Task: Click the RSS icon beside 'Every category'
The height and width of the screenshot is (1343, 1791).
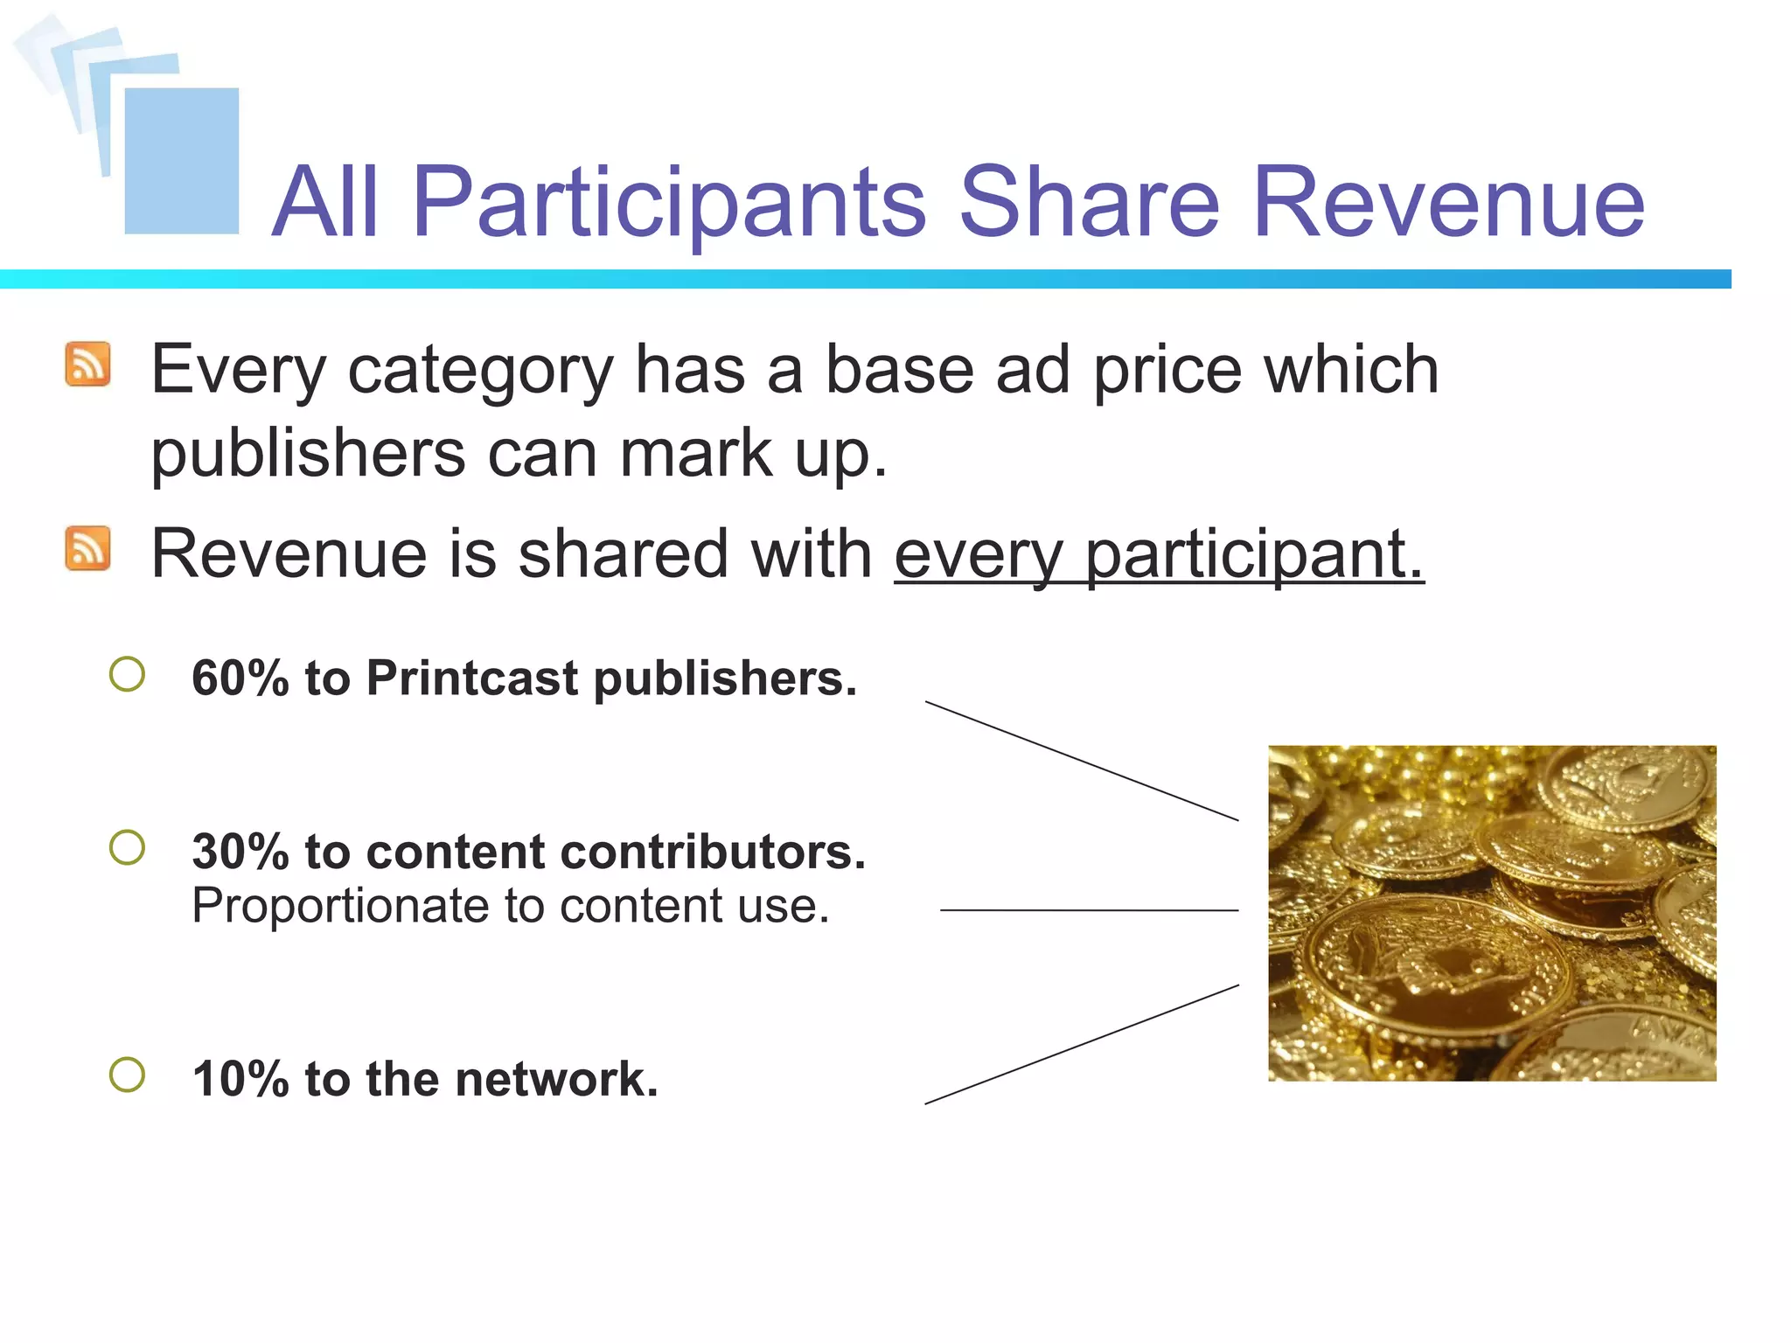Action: click(87, 364)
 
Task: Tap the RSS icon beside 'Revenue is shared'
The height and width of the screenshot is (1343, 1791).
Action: click(87, 548)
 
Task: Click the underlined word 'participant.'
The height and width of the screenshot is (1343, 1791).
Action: click(1254, 554)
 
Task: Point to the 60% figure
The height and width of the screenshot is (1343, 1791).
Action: click(240, 678)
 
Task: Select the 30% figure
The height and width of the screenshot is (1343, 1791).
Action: click(240, 852)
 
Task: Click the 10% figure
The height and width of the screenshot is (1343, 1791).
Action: click(240, 1078)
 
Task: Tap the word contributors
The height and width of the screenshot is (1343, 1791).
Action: click(703, 852)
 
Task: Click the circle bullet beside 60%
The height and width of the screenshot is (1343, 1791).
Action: click(128, 674)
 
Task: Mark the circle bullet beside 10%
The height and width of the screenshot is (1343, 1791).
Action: click(128, 1075)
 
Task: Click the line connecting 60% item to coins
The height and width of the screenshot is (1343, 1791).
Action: click(1082, 761)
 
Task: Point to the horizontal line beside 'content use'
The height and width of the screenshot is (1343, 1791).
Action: click(1089, 910)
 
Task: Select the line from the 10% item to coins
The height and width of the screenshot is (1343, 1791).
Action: click(1082, 1044)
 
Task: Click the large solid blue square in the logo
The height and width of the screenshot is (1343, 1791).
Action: click(182, 161)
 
